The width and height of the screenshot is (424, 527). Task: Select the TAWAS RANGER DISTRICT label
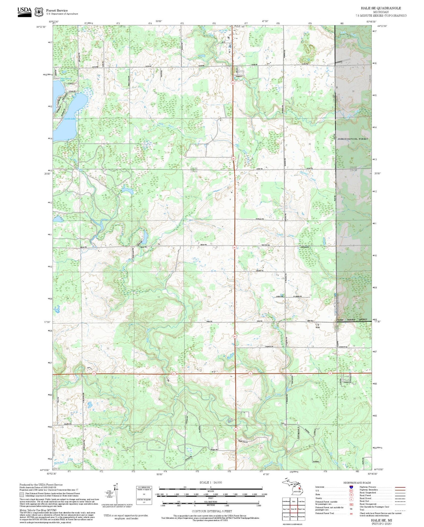pyautogui.click(x=352, y=320)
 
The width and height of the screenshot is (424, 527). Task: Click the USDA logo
pyautogui.click(x=25, y=12)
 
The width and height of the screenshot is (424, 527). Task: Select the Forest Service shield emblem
pyautogui.click(x=38, y=12)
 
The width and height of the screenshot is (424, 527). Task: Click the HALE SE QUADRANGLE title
pyautogui.click(x=381, y=8)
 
